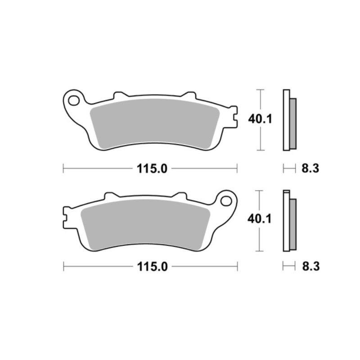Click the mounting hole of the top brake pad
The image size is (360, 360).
click(73, 100)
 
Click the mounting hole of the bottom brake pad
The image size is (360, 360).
click(226, 201)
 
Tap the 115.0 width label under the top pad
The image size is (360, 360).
click(152, 169)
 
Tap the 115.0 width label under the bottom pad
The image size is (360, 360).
click(153, 267)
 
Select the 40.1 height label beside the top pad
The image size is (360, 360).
click(260, 119)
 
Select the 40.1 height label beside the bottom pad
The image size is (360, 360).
click(260, 219)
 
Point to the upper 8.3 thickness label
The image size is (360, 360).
click(310, 169)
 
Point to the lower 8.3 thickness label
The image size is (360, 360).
click(311, 267)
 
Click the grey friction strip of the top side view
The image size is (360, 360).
click(293, 123)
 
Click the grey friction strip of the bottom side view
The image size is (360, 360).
click(293, 224)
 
